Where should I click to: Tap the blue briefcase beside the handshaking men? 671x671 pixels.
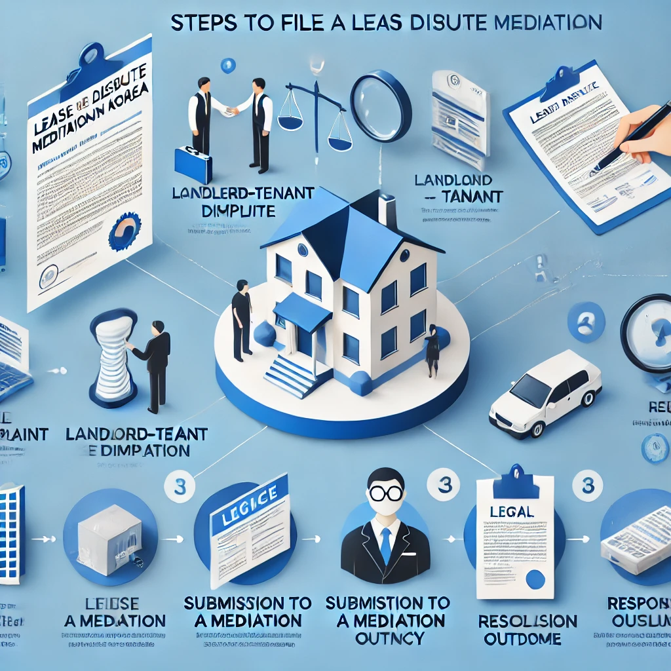tap(193, 164)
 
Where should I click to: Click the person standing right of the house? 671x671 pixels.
tap(432, 350)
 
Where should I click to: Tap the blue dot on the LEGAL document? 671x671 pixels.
tap(535, 579)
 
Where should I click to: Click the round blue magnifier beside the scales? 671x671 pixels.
tap(381, 105)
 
